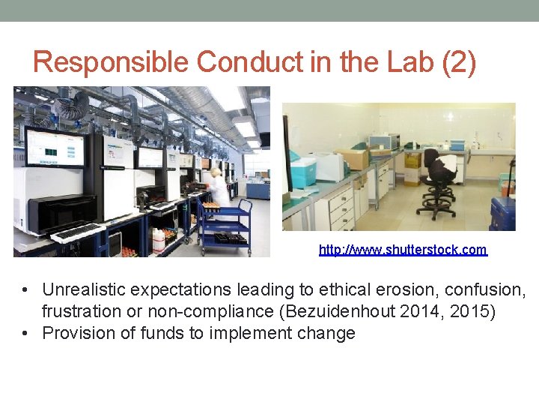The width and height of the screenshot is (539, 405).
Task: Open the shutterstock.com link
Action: tap(403, 250)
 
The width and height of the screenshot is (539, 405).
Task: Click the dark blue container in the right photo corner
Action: tap(502, 214)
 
